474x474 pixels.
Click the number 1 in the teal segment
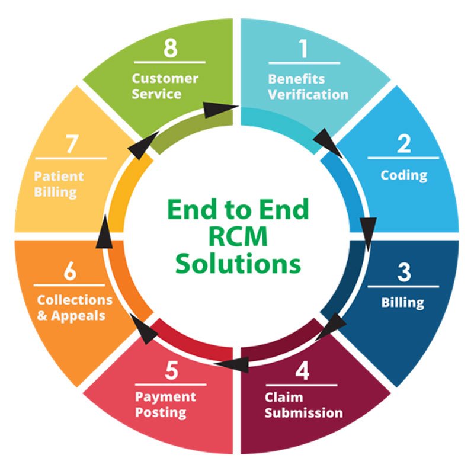coord(304,49)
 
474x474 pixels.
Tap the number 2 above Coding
coord(403,144)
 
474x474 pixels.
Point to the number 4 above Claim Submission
coord(303,371)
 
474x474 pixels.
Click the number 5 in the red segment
coord(171,371)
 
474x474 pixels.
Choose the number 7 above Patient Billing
coord(71,145)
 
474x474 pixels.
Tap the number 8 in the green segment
coord(171,49)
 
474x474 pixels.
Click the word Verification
coord(308,94)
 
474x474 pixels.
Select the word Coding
coord(403,175)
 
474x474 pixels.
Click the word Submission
coord(303,412)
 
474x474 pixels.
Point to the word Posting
coord(161,412)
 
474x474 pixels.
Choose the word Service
coord(156,94)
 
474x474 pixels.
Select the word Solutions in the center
coord(237,264)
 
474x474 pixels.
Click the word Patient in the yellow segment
coord(59,177)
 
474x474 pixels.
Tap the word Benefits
coord(296,79)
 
